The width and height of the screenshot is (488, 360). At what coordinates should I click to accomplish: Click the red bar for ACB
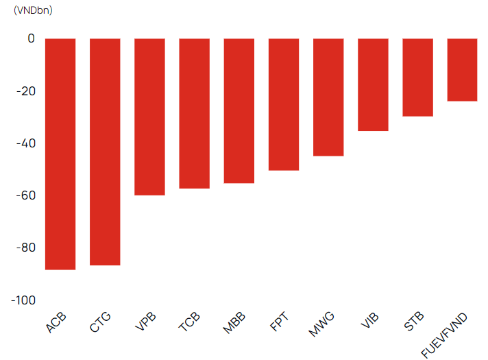(60, 154)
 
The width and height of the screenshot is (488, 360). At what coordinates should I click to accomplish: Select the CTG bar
(105, 152)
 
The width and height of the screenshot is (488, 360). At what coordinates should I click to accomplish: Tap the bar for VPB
(149, 117)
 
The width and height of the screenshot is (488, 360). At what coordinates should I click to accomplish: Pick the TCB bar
(195, 114)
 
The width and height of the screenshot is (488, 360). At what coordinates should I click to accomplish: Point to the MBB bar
(239, 111)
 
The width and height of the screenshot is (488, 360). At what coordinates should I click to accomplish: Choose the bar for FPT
(284, 105)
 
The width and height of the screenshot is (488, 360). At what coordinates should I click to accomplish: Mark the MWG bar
(328, 97)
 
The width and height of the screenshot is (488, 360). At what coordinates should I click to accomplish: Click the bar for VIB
(373, 85)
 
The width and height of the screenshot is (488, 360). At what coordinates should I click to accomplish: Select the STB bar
(417, 77)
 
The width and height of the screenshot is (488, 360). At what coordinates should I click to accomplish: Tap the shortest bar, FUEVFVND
(462, 70)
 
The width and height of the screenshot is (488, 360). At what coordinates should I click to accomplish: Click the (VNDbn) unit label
(33, 10)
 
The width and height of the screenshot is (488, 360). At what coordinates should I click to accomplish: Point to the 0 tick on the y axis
(31, 38)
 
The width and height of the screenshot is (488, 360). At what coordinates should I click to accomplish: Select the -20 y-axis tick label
(26, 91)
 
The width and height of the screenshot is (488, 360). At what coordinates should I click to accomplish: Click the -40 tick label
(26, 143)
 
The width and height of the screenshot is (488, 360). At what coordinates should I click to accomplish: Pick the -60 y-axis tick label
(26, 195)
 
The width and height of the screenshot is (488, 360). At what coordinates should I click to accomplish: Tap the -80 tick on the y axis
(26, 248)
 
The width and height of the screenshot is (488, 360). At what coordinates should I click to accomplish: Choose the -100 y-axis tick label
(23, 300)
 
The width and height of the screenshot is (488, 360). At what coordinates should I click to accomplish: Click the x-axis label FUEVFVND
(444, 335)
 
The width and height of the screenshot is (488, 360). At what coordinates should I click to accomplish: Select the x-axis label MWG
(321, 324)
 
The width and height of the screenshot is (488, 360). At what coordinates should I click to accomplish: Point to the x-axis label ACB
(56, 322)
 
